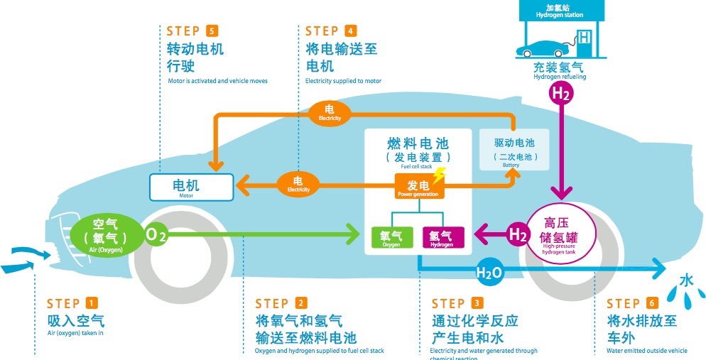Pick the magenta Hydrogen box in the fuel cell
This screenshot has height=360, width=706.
442,237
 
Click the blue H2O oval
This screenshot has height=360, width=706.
489,273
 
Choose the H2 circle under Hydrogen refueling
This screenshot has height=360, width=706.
561,92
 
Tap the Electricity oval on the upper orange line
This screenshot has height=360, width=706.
329,112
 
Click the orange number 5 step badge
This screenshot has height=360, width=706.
212,31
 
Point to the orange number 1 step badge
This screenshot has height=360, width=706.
92,304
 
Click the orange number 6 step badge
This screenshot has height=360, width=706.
653,304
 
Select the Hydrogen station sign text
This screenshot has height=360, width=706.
559,11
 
